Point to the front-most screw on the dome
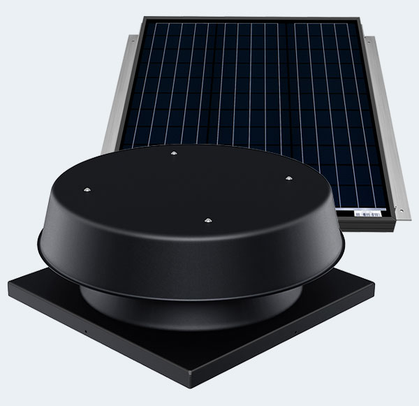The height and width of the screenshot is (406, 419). (x=207, y=221)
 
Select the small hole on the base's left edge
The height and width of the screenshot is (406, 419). (x=82, y=326)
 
